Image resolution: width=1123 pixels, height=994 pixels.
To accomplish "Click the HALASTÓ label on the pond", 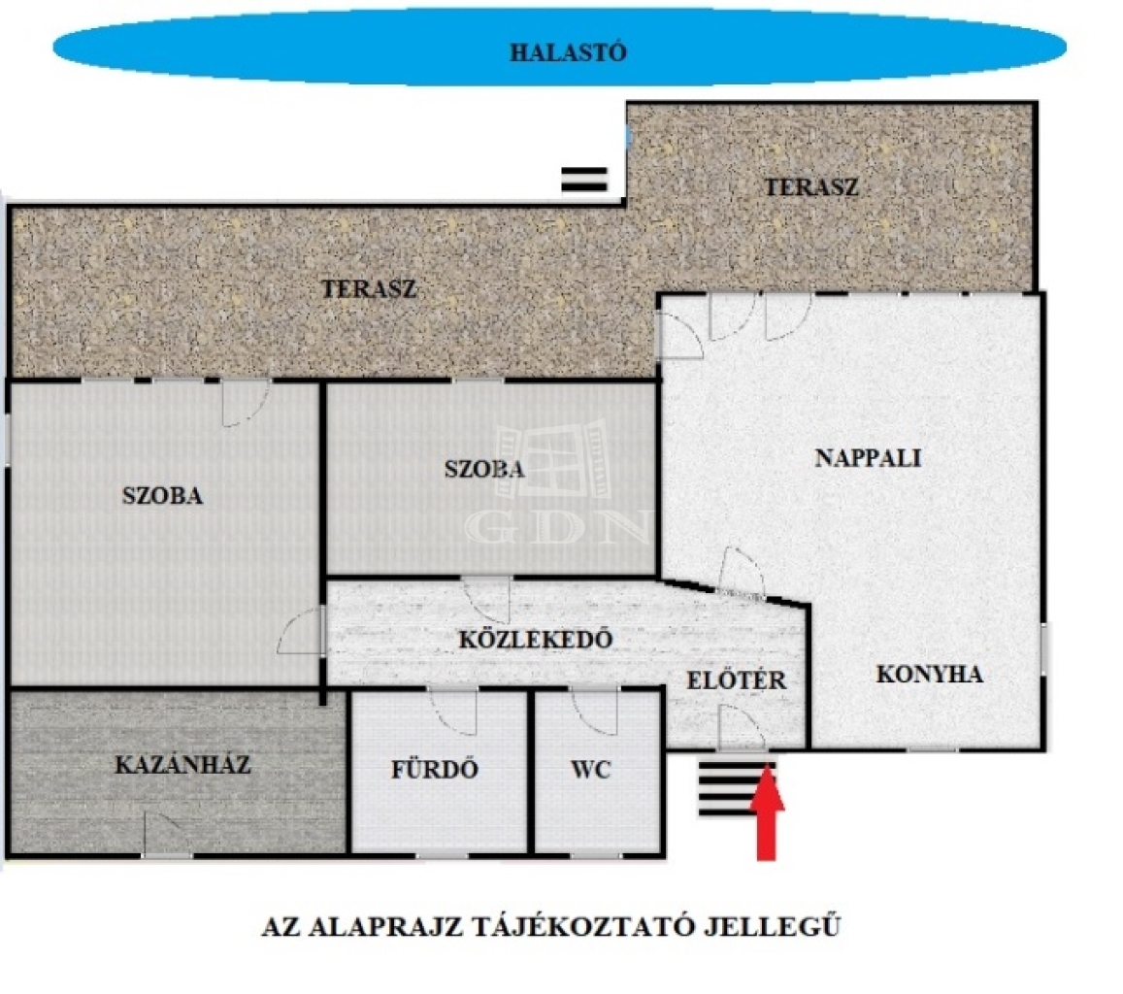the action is point(568,52).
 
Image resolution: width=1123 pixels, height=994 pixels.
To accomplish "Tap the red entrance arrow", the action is point(767,812).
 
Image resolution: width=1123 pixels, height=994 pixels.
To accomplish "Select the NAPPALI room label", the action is point(868,458).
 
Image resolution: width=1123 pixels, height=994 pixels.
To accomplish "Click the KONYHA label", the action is point(929,675).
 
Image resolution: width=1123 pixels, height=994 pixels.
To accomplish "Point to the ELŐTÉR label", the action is point(737,680).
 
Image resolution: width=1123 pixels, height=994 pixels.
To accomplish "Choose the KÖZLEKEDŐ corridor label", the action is point(536,639).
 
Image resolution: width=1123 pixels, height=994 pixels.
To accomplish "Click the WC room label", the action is point(591,770).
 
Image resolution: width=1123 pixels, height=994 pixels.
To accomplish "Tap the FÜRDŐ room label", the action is point(434,769).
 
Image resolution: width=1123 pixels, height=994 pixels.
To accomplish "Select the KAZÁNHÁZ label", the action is point(182,765).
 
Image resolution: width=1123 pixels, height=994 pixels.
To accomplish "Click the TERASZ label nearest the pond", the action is point(811,187).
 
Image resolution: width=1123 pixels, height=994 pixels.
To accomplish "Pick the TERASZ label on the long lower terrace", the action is point(369,289).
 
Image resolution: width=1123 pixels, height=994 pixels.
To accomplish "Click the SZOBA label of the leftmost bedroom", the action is point(162,496).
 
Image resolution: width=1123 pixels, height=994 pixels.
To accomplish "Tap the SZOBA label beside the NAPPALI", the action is point(484,469).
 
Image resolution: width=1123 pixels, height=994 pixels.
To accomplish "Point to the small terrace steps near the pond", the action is point(584,180).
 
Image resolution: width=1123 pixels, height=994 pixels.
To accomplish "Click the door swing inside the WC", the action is point(594,711).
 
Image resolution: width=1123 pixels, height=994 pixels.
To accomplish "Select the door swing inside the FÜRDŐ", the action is point(452,712).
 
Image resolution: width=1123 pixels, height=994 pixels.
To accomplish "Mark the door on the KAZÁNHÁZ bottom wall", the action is point(168,833).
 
